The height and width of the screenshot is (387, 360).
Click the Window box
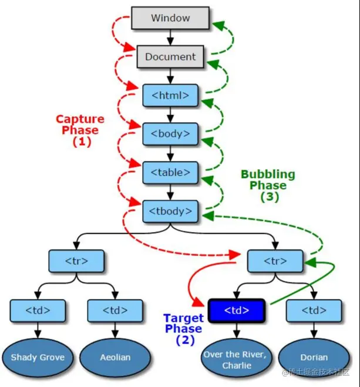[x=170, y=18]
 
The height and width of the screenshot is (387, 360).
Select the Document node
[x=170, y=57]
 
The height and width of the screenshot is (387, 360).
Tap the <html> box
[x=170, y=95]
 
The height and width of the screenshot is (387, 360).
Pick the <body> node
[x=170, y=134]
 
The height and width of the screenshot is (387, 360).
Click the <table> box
[x=170, y=173]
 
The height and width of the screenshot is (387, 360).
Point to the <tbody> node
[x=170, y=211]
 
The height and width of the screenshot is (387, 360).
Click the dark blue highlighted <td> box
[x=237, y=310]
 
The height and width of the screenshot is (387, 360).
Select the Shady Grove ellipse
[x=38, y=357]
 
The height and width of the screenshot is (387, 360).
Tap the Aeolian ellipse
[x=115, y=357]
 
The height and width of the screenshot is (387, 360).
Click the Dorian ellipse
[x=314, y=357]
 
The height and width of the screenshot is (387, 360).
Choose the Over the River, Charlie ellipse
[x=237, y=359]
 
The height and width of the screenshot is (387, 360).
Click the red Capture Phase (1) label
[x=77, y=130]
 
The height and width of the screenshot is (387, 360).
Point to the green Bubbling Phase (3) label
[x=268, y=186]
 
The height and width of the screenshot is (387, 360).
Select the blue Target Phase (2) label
[x=183, y=328]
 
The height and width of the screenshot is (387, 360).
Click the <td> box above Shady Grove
[x=38, y=310]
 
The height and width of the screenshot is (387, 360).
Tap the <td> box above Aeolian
[x=115, y=310]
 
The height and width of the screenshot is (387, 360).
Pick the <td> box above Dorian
[x=314, y=310]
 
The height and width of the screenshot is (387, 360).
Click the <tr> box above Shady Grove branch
[x=76, y=260]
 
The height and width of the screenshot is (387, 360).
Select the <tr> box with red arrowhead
[x=275, y=260]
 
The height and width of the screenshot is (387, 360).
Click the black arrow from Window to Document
[x=170, y=38]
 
